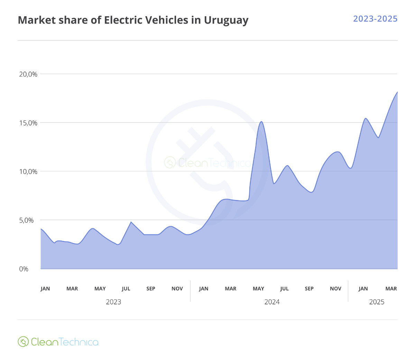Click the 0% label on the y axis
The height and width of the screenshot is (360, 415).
[x=24, y=269]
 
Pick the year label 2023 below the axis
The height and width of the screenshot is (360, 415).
[x=113, y=302]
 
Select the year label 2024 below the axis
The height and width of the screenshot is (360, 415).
[x=272, y=302]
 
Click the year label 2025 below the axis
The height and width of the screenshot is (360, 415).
[x=377, y=302]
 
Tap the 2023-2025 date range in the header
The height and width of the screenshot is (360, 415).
[x=375, y=19]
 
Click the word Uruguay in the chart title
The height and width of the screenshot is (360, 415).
[x=226, y=20]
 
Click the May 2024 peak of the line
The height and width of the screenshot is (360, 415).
[x=261, y=121]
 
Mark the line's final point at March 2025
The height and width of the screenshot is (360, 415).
[x=397, y=92]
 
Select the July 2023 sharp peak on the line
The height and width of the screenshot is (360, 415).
[x=131, y=222]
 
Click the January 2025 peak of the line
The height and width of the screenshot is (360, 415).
[x=366, y=118]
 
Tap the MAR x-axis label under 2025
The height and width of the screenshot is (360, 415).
[x=391, y=289]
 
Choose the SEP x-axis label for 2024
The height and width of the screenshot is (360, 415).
[x=309, y=289]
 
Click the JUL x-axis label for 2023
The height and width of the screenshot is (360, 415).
[x=126, y=289]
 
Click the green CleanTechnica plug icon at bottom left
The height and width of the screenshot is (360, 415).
[x=23, y=342]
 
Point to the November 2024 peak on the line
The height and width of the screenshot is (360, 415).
[x=338, y=152]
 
